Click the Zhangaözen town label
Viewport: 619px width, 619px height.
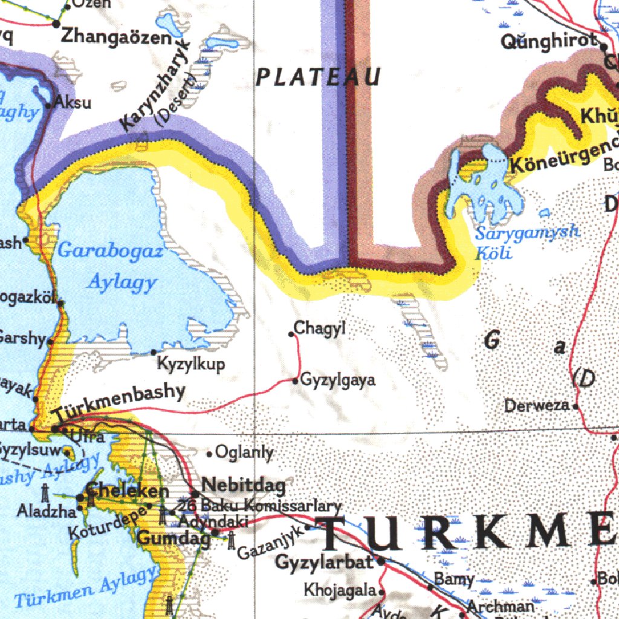117,37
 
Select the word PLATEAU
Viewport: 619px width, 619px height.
319,77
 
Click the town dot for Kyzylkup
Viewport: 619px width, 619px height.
154,352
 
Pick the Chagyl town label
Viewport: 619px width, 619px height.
320,329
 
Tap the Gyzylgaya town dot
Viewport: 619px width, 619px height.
295,381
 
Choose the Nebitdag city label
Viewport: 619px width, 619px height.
243,484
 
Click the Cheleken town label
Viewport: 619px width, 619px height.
127,490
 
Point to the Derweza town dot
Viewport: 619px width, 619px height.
576,406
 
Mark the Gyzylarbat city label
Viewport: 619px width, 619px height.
324,562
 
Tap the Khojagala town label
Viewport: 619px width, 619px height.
340,589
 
